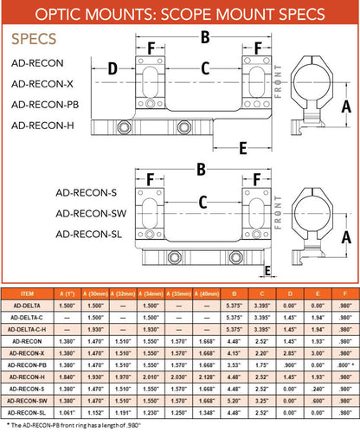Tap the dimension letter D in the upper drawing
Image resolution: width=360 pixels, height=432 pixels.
pos(112,68)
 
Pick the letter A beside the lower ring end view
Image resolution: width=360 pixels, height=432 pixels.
pos(346,236)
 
